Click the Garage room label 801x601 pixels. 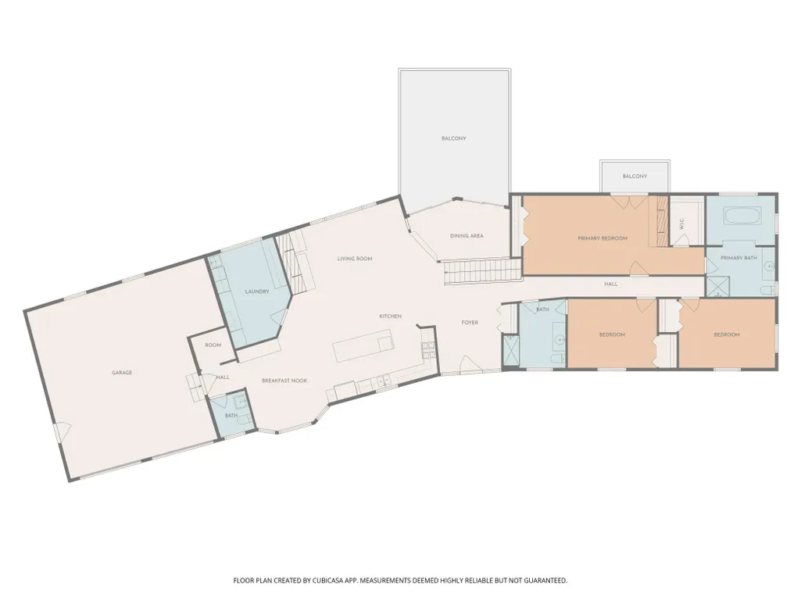click(x=122, y=373)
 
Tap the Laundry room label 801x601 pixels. click(x=257, y=292)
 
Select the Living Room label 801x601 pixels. click(x=355, y=259)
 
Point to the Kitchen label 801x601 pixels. click(x=390, y=317)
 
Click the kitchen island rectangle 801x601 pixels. click(x=363, y=345)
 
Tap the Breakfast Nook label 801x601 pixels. click(x=284, y=381)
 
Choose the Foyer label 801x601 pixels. click(x=470, y=323)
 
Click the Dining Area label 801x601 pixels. click(x=467, y=236)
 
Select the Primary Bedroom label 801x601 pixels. click(x=603, y=238)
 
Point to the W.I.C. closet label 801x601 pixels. click(x=682, y=224)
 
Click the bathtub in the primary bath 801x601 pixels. click(x=742, y=216)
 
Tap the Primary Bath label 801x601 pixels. click(x=738, y=258)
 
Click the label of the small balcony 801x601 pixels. click(x=635, y=177)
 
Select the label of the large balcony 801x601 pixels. click(x=453, y=138)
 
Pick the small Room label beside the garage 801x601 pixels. click(x=213, y=345)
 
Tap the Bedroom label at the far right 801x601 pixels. click(x=727, y=334)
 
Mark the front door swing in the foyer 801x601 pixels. click(x=468, y=364)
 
